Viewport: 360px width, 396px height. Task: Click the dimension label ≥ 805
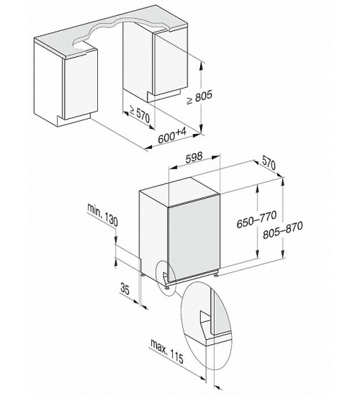coord(199,97)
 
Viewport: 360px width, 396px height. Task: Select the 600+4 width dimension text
coord(172,135)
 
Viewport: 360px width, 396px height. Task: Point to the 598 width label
coord(194,157)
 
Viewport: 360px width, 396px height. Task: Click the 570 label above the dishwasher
coord(269,163)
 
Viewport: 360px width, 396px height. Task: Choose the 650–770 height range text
coord(256,220)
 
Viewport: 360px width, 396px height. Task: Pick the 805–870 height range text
coord(283,230)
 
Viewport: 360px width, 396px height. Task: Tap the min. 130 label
coord(102,214)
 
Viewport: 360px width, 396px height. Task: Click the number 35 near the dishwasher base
coord(125,289)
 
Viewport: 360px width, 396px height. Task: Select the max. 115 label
coord(167,351)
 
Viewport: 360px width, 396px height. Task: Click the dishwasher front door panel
coord(194,238)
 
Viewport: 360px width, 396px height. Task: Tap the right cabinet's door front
coord(171,64)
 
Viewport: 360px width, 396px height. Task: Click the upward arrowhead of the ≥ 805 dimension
coord(201,66)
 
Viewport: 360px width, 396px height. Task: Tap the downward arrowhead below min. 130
coord(116,240)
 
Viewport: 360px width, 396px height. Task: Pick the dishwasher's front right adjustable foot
coord(216,274)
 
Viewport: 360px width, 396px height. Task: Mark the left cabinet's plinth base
coord(73,121)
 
